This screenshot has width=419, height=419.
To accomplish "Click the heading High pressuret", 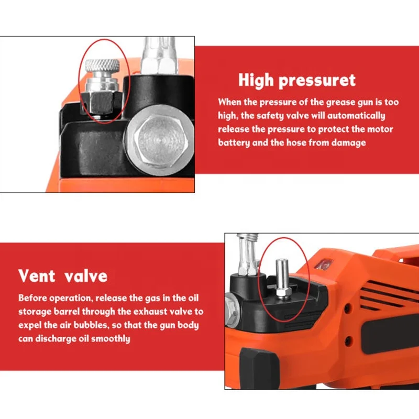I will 296,80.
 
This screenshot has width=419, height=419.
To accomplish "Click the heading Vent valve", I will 63,275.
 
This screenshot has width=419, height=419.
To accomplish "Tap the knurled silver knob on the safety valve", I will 102,67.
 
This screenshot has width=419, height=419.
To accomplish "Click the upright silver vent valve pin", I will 281,272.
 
